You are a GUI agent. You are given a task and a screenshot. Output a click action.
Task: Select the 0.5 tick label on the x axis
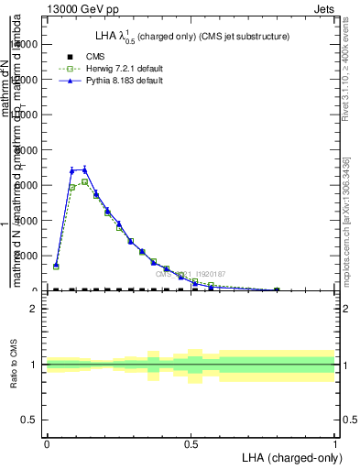[191, 443]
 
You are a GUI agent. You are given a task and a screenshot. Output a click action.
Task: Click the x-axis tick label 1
[335, 443]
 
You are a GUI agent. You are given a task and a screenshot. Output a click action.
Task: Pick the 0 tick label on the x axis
[47, 443]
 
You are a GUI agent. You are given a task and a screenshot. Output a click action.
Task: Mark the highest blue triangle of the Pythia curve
[84, 169]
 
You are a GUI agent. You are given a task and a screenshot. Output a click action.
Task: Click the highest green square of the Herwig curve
[84, 181]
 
